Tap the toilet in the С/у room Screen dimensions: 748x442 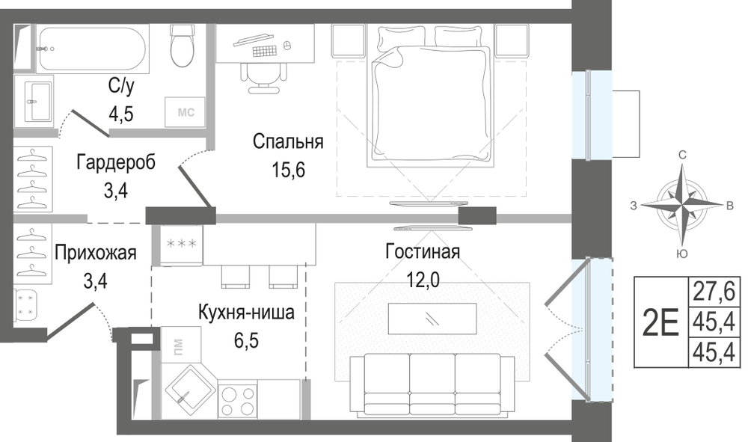(181, 46)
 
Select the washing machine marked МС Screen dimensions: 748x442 (186, 112)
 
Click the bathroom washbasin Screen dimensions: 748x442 (34, 102)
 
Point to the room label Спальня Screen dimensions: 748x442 (288, 141)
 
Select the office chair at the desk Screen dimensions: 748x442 (264, 76)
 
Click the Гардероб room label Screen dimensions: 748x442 (116, 162)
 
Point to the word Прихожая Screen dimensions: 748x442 (96, 253)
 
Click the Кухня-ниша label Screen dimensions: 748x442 (246, 313)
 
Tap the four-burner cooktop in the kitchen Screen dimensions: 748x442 (238, 401)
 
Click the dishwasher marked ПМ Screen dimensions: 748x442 (181, 344)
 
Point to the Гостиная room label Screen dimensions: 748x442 (423, 251)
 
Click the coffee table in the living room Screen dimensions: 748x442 (432, 319)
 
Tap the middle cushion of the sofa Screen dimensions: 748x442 (432, 381)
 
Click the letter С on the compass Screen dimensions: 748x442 (683, 155)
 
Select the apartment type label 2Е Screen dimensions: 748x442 (660, 322)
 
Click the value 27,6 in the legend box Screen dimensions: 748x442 (714, 292)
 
